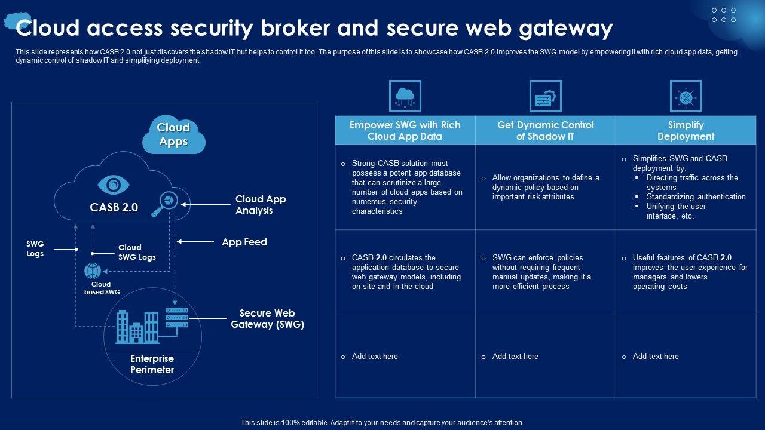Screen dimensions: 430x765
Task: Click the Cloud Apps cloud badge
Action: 173,135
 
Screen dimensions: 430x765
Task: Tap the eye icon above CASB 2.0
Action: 114,185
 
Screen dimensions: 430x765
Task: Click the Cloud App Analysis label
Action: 261,205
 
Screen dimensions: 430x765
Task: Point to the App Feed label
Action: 244,242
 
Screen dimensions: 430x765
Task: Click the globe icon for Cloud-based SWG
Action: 93,271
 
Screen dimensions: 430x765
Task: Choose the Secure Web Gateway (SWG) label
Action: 267,319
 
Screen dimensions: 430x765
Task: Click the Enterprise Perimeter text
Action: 152,364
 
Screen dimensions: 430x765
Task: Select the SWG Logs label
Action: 35,248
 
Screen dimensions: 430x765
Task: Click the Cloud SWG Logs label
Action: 137,252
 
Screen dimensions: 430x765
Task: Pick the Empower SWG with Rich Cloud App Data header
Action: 405,131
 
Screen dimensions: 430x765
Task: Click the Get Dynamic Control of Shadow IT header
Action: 546,131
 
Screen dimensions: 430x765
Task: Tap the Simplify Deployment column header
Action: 686,131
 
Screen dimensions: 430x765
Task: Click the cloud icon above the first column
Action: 405,96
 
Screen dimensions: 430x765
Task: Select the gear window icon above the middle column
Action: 546,96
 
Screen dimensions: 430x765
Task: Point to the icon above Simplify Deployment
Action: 686,96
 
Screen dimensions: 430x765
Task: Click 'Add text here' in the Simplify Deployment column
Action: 656,357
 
